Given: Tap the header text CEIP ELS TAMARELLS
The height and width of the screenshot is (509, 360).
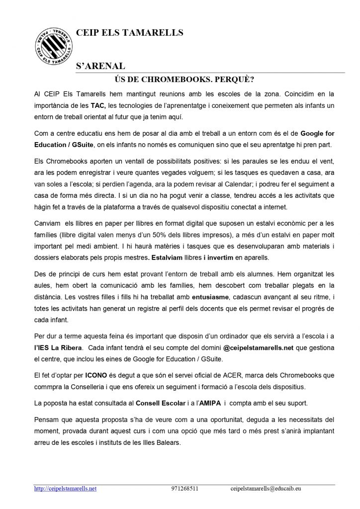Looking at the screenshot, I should pyautogui.click(x=129, y=33).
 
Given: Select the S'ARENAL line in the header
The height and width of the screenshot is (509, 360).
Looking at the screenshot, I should pyautogui.click(x=99, y=66).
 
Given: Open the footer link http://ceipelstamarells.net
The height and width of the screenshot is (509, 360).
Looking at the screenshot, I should pyautogui.click(x=65, y=489).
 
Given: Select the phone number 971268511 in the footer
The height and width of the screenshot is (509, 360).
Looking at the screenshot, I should pyautogui.click(x=184, y=489).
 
